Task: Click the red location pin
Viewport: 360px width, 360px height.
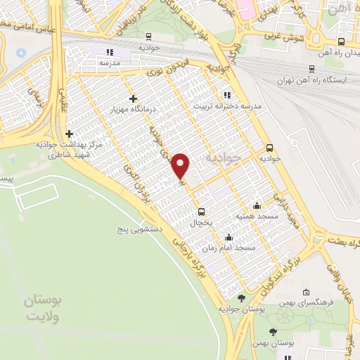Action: tap(182, 165)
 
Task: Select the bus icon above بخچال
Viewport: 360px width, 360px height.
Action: tap(202, 211)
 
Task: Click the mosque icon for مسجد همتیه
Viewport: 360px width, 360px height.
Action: tap(257, 206)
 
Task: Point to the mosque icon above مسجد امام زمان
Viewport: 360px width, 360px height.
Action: tap(228, 238)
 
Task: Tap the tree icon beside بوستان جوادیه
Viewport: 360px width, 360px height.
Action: tap(241, 298)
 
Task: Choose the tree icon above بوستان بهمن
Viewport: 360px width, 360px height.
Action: tap(273, 331)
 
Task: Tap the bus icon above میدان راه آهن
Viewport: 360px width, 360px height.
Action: tap(341, 42)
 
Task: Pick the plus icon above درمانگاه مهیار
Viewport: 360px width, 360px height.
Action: tap(133, 99)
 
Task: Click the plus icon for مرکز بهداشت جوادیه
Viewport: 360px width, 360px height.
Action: tap(69, 134)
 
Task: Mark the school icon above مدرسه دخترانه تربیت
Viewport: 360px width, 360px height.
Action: tap(225, 94)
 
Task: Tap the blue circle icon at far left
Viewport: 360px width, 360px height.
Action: tap(20, 53)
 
